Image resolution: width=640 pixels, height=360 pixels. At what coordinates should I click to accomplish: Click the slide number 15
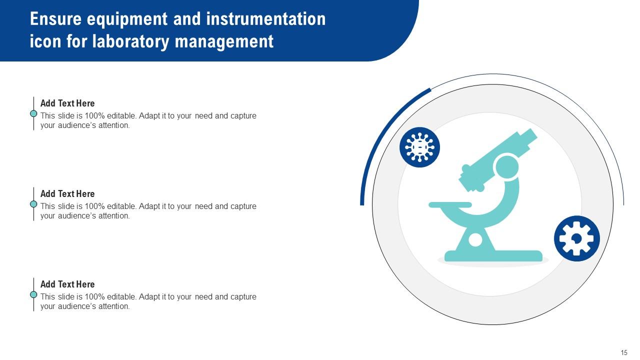tap(624, 352)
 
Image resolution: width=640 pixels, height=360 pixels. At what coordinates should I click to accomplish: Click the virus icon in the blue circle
tap(419, 147)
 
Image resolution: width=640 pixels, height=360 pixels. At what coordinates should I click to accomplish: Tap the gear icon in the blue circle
tap(576, 238)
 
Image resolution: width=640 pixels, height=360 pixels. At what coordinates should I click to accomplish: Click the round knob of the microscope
tap(506, 166)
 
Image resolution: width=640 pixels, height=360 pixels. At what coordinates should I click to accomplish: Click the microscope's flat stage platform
tap(450, 204)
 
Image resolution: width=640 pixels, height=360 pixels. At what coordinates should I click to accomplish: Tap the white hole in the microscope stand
tap(475, 240)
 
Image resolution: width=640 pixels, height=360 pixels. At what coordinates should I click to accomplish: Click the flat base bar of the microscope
tap(493, 256)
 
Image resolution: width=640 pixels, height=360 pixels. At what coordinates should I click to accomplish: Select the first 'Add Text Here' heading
tap(67, 103)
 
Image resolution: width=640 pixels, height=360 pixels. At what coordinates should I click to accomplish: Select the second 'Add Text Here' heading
tap(67, 194)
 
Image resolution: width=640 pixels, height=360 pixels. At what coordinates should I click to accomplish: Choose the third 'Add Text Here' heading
tap(67, 284)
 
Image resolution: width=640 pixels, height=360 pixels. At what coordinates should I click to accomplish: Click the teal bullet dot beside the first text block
tap(33, 113)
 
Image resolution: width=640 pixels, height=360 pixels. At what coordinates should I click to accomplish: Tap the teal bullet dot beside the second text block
tap(33, 204)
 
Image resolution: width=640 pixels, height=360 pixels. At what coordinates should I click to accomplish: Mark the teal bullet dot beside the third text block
tap(33, 294)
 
